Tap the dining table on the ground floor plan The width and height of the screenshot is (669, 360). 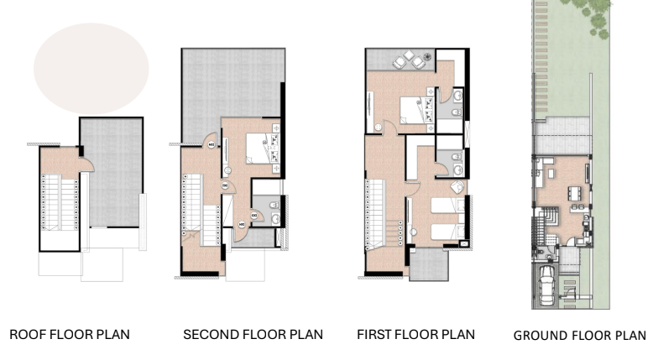pyautogui.click(x=574, y=194)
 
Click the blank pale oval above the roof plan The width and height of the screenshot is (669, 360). pyautogui.click(x=91, y=69)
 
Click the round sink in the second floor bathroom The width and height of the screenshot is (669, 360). pyautogui.click(x=275, y=219)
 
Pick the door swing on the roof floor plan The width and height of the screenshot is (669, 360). pyautogui.click(x=87, y=164)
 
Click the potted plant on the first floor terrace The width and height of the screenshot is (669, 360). pyautogui.click(x=428, y=56)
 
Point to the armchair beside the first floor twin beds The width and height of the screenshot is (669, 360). pyautogui.click(x=457, y=186)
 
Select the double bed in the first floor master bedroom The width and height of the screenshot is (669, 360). pyautogui.click(x=413, y=111)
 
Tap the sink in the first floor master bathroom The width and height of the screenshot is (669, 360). pyautogui.click(x=457, y=96)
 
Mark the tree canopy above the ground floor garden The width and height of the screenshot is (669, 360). pyautogui.click(x=591, y=16)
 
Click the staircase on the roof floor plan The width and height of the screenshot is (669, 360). pyautogui.click(x=60, y=202)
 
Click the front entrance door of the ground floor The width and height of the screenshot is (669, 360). pyautogui.click(x=570, y=242)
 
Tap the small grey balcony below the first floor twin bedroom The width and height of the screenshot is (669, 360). pyautogui.click(x=429, y=264)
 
